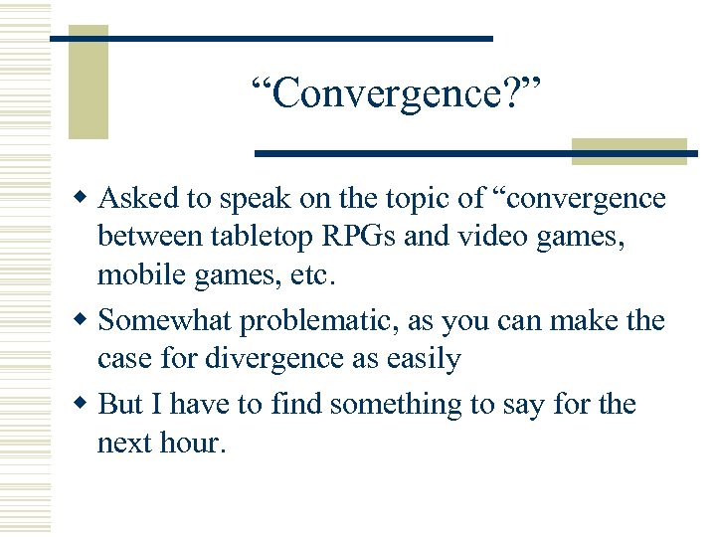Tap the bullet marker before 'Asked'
pos(84,199)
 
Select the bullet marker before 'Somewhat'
pos(84,322)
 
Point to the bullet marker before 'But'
pos(84,405)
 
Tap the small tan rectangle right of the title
pos(629,149)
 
